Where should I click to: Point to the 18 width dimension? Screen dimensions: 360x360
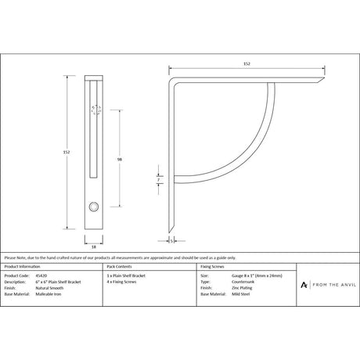[x=93, y=244]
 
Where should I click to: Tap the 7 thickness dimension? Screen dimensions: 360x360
[x=159, y=179]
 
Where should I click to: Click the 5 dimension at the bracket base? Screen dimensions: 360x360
[x=171, y=241]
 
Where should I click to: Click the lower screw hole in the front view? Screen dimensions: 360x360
[x=94, y=207]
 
